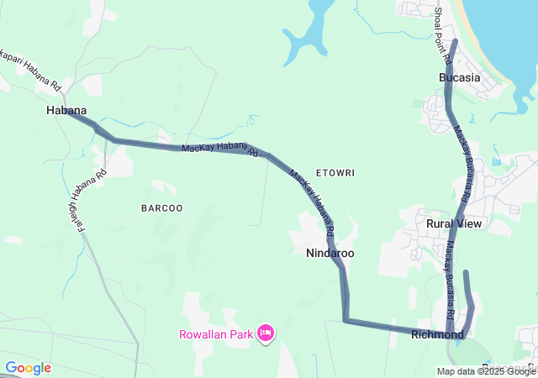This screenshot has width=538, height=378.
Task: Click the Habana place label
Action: coord(66,110)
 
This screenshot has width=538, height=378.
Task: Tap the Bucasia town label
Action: coord(460,77)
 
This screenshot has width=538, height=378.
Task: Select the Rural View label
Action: coord(454,223)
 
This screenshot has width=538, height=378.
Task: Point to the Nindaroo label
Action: coord(330,253)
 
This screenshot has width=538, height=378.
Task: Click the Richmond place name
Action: coord(437,335)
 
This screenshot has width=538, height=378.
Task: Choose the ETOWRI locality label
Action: coord(335,173)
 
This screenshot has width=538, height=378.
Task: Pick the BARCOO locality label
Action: coord(162,207)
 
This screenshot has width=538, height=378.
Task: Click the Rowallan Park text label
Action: coord(215,334)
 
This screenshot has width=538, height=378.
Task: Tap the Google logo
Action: coord(28,368)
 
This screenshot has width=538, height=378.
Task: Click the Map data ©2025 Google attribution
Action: coord(486,371)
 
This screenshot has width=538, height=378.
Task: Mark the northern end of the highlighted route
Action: coord(455,41)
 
